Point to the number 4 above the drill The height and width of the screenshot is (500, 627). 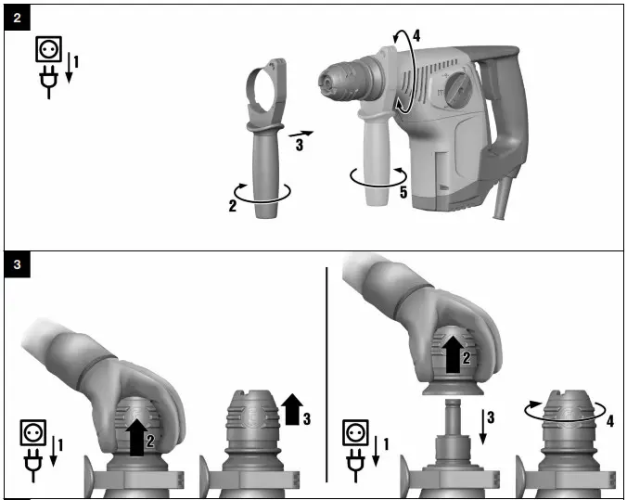416,37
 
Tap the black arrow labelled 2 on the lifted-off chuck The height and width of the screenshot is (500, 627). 454,352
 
